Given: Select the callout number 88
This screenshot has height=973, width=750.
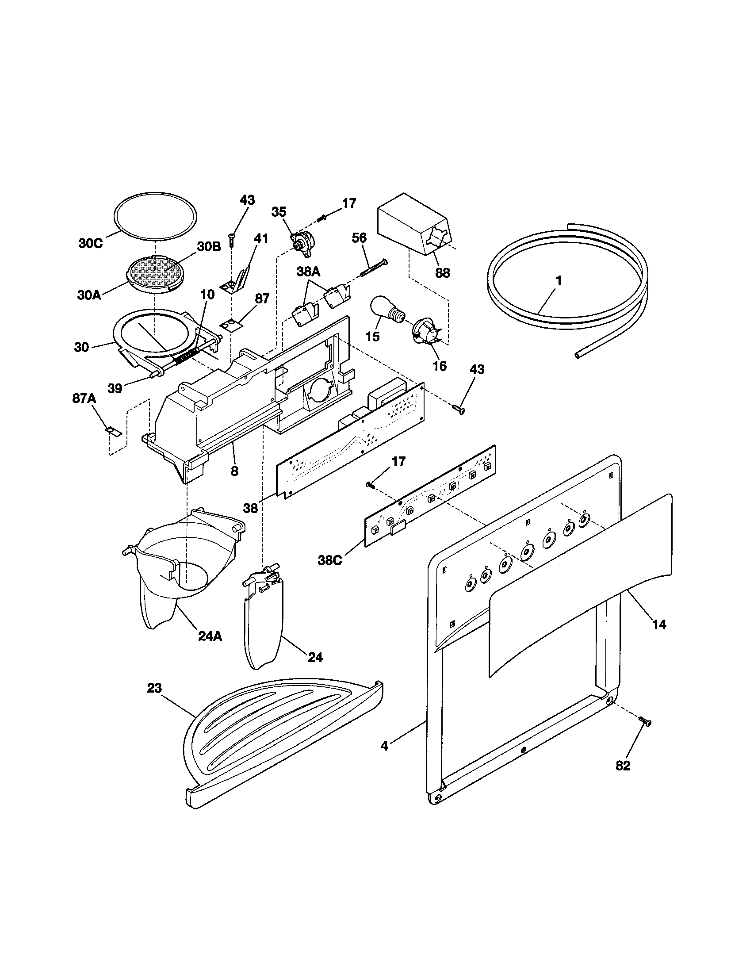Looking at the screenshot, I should click(x=442, y=272).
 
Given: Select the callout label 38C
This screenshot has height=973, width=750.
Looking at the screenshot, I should click(x=330, y=560).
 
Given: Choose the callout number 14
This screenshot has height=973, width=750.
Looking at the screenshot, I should click(x=659, y=624).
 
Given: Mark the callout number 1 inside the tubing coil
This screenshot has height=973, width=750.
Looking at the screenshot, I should click(x=559, y=281).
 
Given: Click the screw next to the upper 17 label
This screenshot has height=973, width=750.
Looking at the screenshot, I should click(x=323, y=218).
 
